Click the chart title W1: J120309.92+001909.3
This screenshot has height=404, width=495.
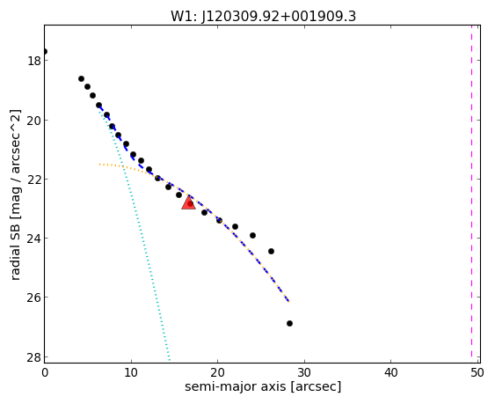coord(263,16)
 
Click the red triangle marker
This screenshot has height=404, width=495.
coord(188,202)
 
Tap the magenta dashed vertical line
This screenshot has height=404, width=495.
coord(471,194)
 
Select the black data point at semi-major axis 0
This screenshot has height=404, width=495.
coord(45,52)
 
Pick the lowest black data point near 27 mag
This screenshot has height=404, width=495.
coord(289,323)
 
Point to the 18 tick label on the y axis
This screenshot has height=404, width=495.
coord(34,61)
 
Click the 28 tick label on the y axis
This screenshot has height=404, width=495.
coord(34,357)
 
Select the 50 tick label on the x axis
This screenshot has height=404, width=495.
coord(477,372)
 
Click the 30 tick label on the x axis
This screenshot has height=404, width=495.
coord(304,372)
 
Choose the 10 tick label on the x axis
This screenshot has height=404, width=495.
coord(131,372)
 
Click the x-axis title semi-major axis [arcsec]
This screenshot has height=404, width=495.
coord(263,386)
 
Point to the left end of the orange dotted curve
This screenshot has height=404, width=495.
coord(99,165)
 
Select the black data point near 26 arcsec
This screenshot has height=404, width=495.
coord(271,252)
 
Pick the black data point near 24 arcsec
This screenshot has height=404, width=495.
coord(252,236)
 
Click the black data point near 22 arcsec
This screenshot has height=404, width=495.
coord(235,227)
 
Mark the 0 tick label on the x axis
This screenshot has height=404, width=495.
coord(45,372)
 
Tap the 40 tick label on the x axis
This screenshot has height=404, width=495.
coord(391,372)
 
